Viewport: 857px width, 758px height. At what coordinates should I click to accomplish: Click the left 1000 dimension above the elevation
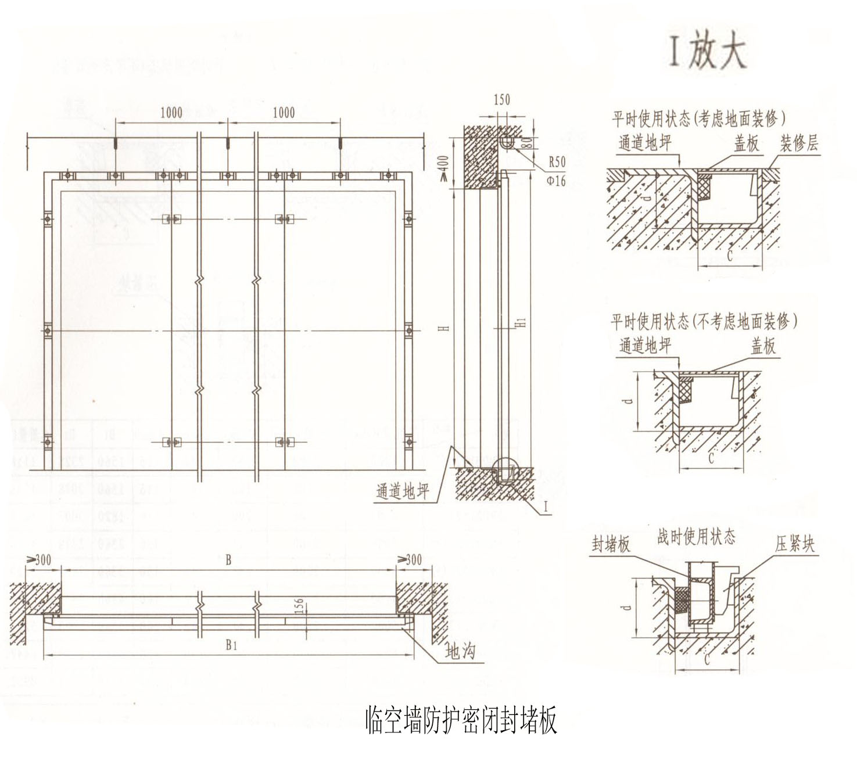pyautogui.click(x=171, y=113)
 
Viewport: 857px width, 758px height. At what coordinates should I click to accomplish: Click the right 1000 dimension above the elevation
pyautogui.click(x=284, y=113)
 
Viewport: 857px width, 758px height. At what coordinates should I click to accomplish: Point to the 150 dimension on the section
pyautogui.click(x=501, y=100)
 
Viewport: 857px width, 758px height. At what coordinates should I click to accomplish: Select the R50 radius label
pyautogui.click(x=556, y=162)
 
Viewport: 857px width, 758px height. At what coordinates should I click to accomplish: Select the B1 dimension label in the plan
pyautogui.click(x=231, y=644)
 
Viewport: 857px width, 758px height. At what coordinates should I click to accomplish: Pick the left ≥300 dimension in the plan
pyautogui.click(x=39, y=560)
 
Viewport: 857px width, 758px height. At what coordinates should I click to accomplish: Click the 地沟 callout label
pyautogui.click(x=460, y=651)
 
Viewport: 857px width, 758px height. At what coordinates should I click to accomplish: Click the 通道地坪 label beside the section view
pyautogui.click(x=402, y=491)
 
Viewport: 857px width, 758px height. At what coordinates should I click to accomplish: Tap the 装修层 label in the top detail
pyautogui.click(x=799, y=143)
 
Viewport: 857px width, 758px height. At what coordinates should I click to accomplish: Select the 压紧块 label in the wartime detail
pyautogui.click(x=794, y=544)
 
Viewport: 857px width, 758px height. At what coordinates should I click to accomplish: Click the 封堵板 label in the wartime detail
pyautogui.click(x=611, y=544)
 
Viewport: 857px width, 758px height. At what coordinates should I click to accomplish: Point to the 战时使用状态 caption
pyautogui.click(x=696, y=537)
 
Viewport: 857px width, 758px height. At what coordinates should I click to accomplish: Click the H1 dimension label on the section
pyautogui.click(x=521, y=321)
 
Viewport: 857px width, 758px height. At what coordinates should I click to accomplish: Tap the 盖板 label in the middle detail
pyautogui.click(x=763, y=347)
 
